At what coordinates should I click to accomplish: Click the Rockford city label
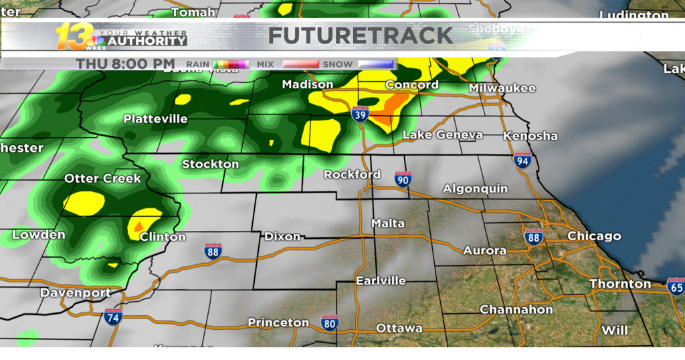click(352, 175)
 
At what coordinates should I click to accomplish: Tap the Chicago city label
click(594, 236)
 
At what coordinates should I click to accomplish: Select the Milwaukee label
click(502, 88)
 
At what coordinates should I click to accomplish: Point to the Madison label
click(308, 84)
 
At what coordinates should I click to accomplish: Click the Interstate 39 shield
click(360, 114)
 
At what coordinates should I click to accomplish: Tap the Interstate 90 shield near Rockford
click(403, 179)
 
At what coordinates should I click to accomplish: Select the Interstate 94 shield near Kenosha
click(522, 160)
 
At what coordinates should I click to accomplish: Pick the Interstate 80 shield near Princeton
click(328, 323)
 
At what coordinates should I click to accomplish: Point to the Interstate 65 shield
click(676, 287)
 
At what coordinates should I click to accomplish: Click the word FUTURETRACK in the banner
click(361, 35)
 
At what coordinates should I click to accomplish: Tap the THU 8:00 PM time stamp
click(125, 64)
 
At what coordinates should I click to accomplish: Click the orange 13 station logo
click(72, 37)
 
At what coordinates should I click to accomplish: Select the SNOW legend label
click(338, 64)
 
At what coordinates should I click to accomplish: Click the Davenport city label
click(75, 293)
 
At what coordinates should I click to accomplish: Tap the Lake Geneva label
click(442, 135)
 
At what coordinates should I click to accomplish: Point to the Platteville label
click(155, 119)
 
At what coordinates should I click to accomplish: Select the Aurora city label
click(485, 250)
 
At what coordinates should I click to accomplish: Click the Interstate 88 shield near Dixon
click(213, 250)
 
